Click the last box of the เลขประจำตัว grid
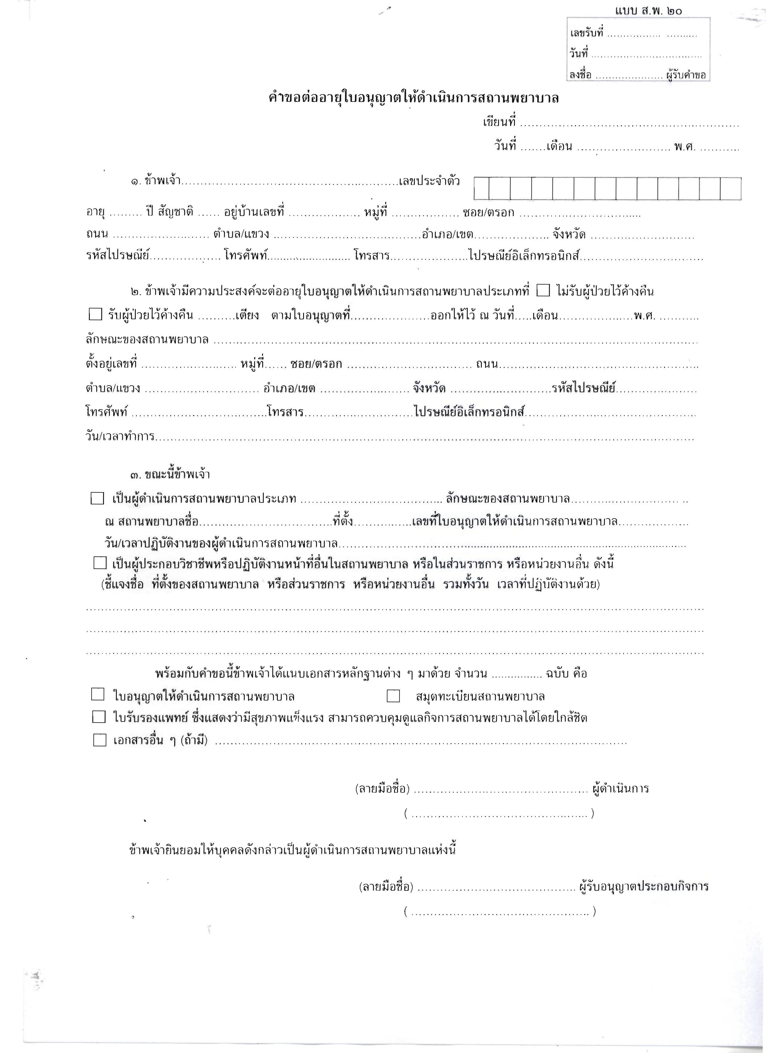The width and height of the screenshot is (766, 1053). coord(730,188)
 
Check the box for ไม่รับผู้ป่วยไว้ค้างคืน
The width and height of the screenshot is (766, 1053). coord(543,291)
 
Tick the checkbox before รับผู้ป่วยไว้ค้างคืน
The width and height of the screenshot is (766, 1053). coord(95,315)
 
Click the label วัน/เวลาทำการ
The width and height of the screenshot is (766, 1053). coord(120,437)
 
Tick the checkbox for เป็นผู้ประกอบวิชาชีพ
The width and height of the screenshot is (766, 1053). coord(100,563)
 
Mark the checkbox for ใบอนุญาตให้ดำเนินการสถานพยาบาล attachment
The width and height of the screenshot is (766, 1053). coord(98,695)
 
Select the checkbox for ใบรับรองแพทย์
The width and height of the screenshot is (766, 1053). coord(99,717)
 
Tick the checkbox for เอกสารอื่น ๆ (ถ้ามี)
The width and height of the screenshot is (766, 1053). coord(100,740)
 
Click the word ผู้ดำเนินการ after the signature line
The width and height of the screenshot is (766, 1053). coord(620,788)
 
